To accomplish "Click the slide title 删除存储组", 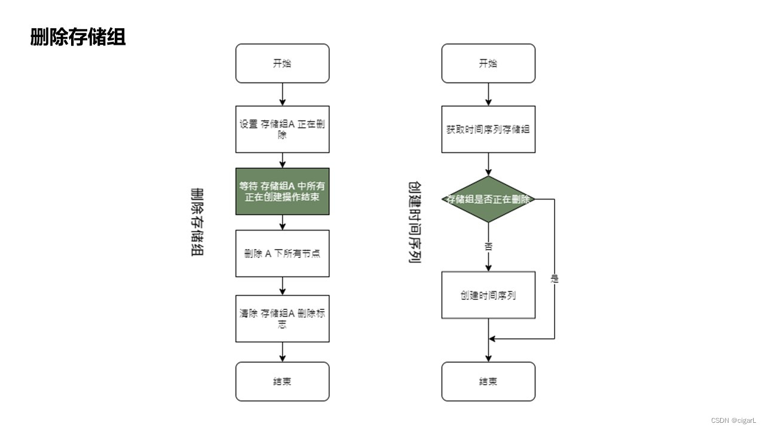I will [78, 37].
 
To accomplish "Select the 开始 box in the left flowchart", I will [282, 63].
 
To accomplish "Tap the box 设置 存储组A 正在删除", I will [282, 129].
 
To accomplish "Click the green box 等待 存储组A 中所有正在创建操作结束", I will [282, 191].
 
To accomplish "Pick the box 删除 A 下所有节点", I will [282, 253].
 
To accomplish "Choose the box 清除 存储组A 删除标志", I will [282, 318].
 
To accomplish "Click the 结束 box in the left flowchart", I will [282, 381].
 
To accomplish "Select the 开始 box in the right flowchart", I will [488, 63].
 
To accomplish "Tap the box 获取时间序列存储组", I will [488, 129].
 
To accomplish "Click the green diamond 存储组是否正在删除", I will [488, 199].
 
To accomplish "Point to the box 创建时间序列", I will [488, 295].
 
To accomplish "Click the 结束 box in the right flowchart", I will [488, 381].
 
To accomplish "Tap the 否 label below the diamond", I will [488, 245].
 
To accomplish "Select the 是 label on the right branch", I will [554, 278].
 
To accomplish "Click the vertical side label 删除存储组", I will [197, 222].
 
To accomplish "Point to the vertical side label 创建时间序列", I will [415, 222].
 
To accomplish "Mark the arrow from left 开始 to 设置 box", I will [282, 94].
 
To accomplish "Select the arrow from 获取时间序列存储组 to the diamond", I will [488, 164].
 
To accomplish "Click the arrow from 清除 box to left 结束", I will [282, 352].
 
